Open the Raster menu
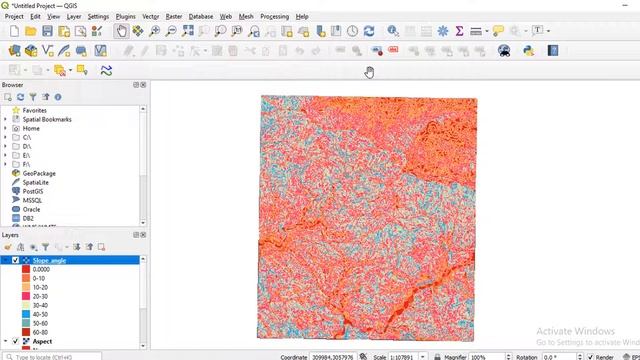(x=174, y=16)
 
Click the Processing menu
(x=274, y=16)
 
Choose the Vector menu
(x=151, y=16)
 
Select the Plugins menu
(x=126, y=16)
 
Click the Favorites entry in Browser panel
(x=34, y=110)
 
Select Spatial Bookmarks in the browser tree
(x=48, y=119)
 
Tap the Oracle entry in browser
(x=32, y=209)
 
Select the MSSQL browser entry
(x=33, y=200)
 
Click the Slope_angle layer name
(x=49, y=260)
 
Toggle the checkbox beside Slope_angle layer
(x=15, y=260)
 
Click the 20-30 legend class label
(x=40, y=296)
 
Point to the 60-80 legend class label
(x=40, y=332)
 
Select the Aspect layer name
(x=43, y=341)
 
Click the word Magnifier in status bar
(x=456, y=356)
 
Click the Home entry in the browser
(x=31, y=128)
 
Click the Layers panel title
(x=11, y=235)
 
